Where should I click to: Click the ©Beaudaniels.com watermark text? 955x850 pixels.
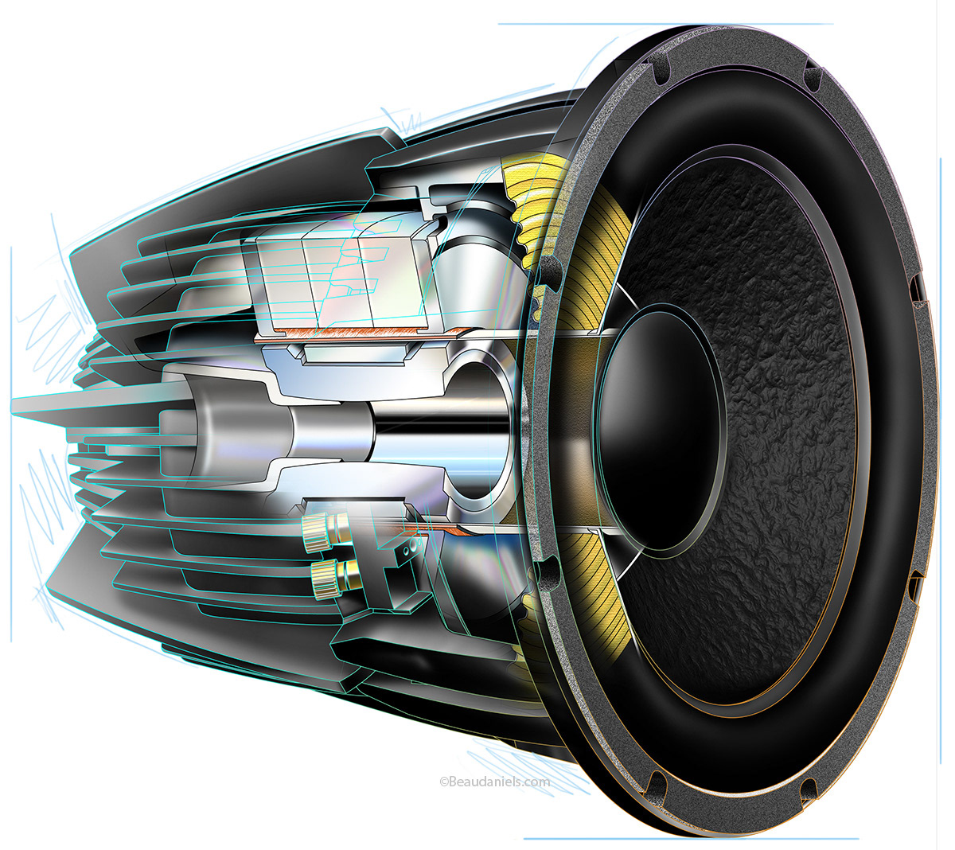click(494, 782)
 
